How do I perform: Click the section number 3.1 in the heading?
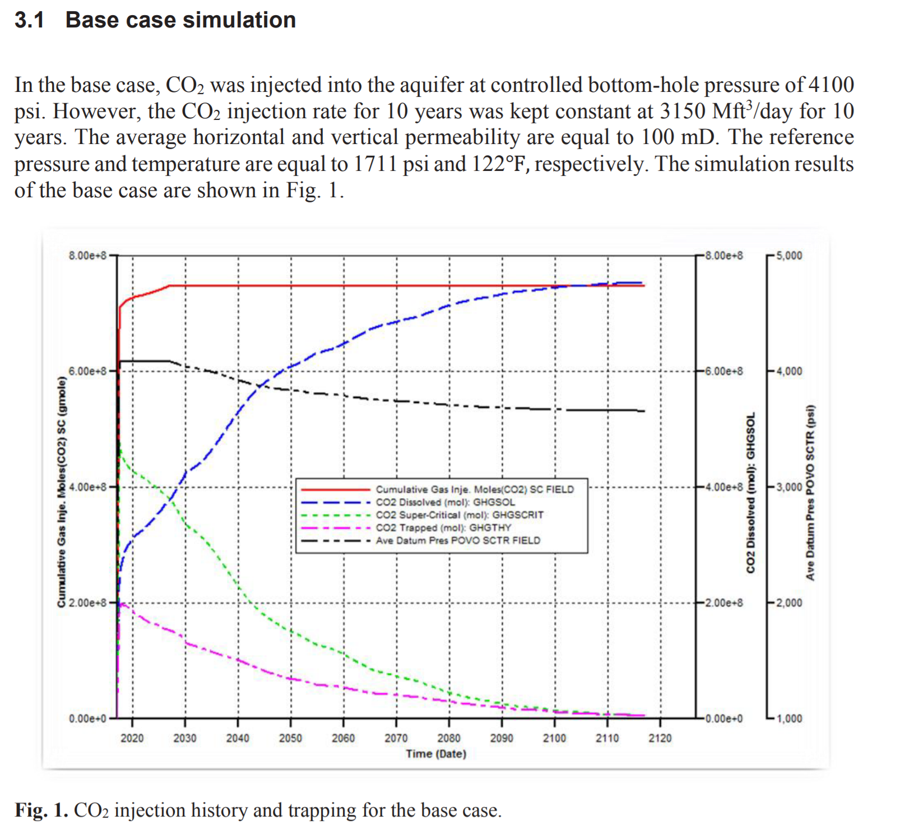(29, 20)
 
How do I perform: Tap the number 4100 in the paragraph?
(830, 85)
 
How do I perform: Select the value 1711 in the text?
(375, 164)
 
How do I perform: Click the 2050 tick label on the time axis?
(290, 738)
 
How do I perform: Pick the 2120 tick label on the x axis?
(660, 738)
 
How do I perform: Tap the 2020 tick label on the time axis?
(132, 738)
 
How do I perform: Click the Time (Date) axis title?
(436, 754)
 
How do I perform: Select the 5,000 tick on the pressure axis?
(790, 256)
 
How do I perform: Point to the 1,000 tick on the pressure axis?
(790, 718)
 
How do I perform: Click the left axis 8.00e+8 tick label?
(87, 256)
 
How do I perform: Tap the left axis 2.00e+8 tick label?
(87, 603)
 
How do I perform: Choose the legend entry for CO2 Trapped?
(443, 528)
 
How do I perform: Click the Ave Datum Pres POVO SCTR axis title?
(810, 492)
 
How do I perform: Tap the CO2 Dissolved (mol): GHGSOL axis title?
(750, 493)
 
